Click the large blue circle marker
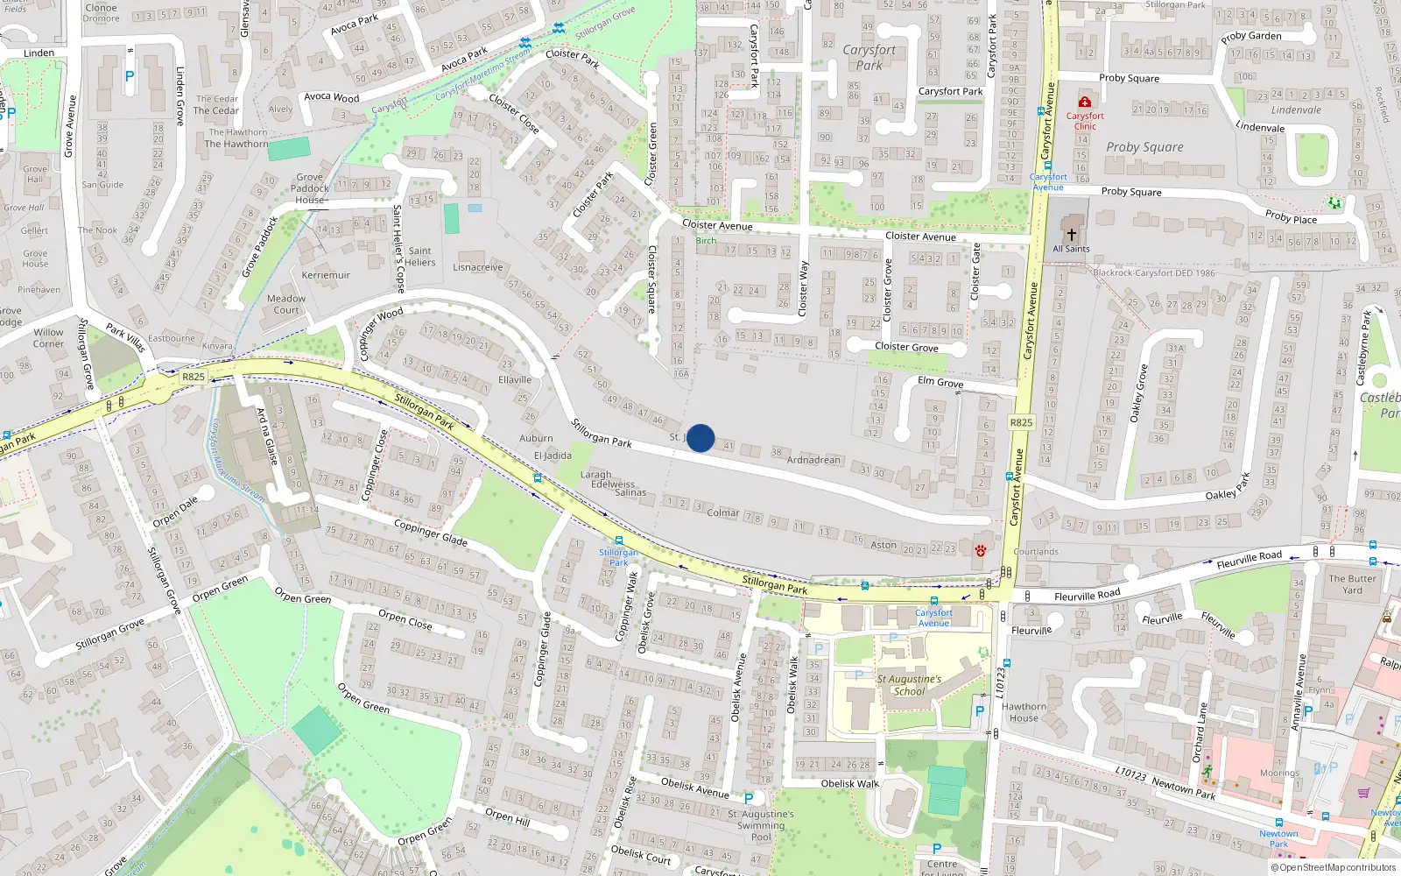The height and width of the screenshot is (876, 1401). (x=700, y=438)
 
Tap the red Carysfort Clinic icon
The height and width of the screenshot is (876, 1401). (x=1085, y=102)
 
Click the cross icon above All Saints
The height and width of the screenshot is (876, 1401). (x=1071, y=235)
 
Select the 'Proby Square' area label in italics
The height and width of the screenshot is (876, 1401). (x=1144, y=147)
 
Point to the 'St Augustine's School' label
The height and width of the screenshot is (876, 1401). (x=909, y=685)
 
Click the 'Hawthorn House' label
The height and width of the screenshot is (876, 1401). (x=1024, y=712)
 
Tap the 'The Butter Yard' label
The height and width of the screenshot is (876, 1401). (x=1352, y=584)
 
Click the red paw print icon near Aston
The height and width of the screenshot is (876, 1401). (x=980, y=551)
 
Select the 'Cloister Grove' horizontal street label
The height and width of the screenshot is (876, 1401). (x=906, y=347)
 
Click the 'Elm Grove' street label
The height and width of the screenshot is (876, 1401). (x=940, y=382)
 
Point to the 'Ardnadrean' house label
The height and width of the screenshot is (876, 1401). (x=813, y=460)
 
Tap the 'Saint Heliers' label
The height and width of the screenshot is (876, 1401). (x=420, y=257)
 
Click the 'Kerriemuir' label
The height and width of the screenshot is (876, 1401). (x=326, y=275)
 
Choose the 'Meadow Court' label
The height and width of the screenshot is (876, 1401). (x=286, y=304)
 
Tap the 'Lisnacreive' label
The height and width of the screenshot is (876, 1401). (x=478, y=267)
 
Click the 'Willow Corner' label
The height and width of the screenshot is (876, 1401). (x=49, y=338)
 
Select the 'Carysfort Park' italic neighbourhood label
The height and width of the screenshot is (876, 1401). (x=869, y=58)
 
